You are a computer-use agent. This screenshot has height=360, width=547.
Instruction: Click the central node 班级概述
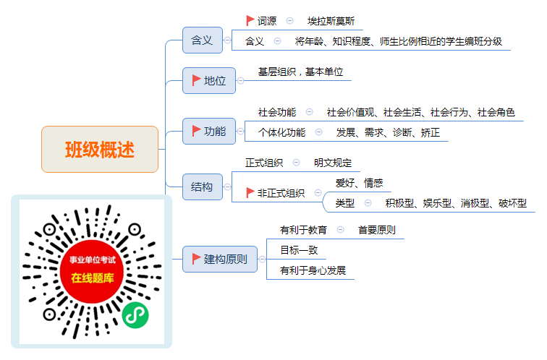coord(100,149)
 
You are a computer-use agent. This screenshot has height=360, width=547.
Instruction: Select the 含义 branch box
coord(203,40)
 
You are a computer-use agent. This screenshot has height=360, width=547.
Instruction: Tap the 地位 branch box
coord(209,80)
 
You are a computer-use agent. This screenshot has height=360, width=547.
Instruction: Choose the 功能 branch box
coord(209,132)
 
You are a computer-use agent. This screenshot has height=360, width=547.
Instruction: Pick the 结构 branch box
coord(203,187)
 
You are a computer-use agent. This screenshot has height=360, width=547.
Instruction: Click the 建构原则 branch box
coord(220,259)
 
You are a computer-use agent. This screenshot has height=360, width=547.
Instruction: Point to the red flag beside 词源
coord(250,20)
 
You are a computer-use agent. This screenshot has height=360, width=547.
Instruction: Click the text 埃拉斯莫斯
coord(331,21)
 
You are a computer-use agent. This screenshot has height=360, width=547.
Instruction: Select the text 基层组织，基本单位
coord(300,72)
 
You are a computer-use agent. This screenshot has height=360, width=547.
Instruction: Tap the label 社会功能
coord(277,112)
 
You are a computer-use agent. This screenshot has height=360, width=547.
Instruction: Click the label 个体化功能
coord(281,132)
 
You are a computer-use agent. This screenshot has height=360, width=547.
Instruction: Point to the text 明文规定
coord(332,163)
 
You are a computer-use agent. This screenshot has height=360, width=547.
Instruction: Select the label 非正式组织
coord(281,193)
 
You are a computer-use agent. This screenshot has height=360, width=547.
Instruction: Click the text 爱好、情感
coord(359,183)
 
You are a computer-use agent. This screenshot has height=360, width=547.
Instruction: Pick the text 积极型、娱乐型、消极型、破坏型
coord(456,203)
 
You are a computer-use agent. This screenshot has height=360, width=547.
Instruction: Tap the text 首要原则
coord(377,230)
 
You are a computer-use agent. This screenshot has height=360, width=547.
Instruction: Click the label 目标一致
coord(299,250)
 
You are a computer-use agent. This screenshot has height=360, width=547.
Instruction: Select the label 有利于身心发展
coord(313,270)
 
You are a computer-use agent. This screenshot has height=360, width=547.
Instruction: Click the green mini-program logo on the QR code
coord(135,315)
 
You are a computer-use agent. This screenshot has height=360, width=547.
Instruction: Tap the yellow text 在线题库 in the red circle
coord(93,278)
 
